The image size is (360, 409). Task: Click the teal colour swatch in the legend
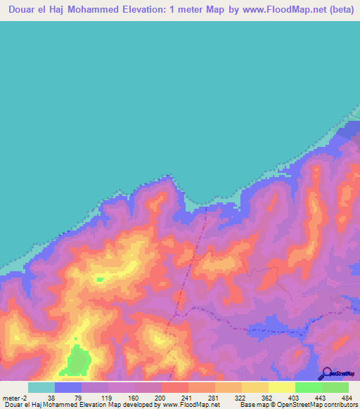click(x=41, y=387)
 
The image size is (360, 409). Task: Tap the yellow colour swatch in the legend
click(x=281, y=387)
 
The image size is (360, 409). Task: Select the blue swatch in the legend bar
click(x=68, y=387)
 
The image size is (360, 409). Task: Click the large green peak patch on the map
click(x=78, y=361)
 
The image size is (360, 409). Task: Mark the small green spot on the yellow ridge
click(x=100, y=279)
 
